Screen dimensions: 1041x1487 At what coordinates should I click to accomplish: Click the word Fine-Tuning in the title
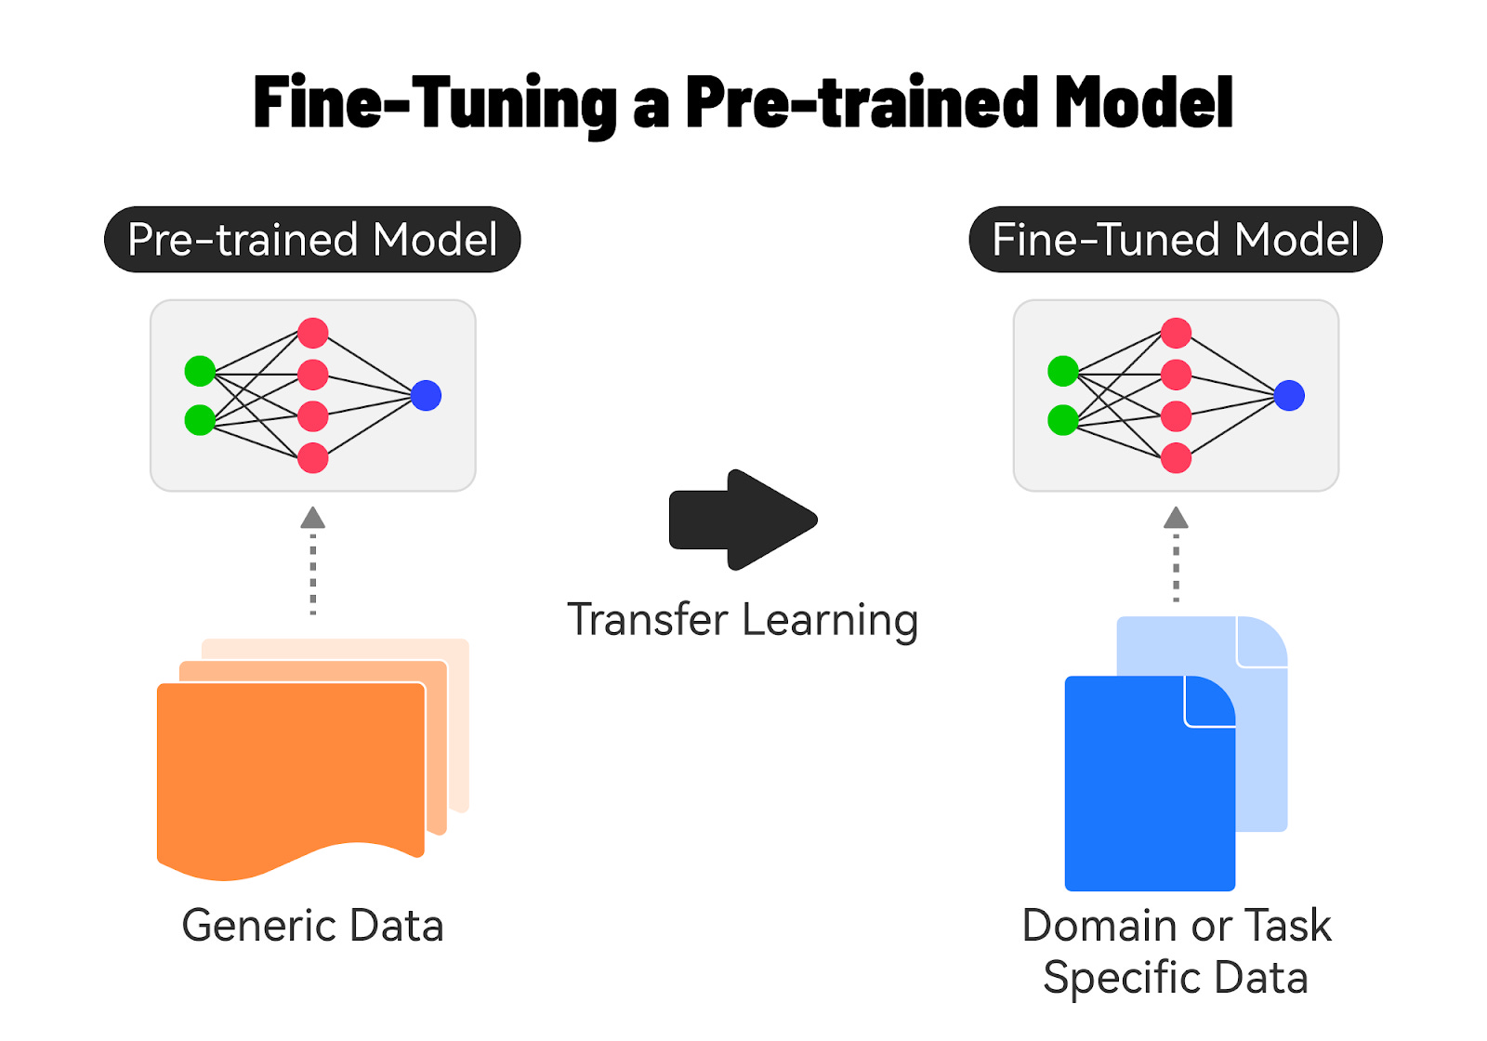click(435, 102)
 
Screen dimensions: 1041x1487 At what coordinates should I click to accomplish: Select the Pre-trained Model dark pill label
click(312, 240)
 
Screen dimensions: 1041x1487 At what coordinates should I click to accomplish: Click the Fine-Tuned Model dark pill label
click(1176, 240)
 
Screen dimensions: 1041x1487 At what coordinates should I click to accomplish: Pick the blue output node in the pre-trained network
click(426, 396)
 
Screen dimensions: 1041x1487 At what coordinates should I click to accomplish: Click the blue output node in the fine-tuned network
click(1289, 396)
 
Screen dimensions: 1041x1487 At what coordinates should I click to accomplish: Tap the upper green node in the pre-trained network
click(200, 371)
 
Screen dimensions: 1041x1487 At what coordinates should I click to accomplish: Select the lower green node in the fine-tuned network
click(1062, 420)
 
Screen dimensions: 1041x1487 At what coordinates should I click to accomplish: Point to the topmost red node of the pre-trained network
click(313, 333)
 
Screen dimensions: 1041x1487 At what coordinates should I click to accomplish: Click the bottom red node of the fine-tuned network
click(1177, 458)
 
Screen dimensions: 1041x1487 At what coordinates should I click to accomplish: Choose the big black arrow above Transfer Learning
click(743, 520)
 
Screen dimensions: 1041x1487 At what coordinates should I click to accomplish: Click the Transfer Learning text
click(743, 620)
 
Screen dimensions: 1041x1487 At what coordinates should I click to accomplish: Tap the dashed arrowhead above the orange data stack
click(313, 518)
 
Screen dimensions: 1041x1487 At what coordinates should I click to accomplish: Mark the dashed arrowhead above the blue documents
click(1177, 518)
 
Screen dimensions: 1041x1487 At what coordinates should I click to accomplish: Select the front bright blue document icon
click(1148, 790)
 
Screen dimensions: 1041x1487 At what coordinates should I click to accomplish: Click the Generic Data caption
click(312, 926)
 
